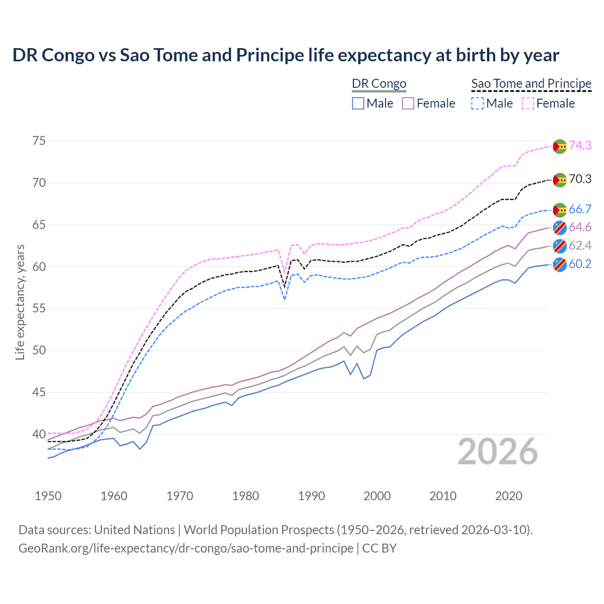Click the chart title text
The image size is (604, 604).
pyautogui.click(x=285, y=55)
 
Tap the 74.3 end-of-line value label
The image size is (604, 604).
pyautogui.click(x=580, y=145)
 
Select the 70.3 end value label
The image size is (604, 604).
pyautogui.click(x=580, y=179)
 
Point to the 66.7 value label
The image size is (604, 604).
pyautogui.click(x=580, y=209)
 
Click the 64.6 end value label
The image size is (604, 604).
pyautogui.click(x=580, y=227)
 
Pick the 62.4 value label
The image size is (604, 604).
pyautogui.click(x=580, y=245)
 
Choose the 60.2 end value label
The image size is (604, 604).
pyautogui.click(x=580, y=264)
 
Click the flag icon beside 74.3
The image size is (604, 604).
pyautogui.click(x=560, y=146)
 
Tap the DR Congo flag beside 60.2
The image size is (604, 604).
pyautogui.click(x=560, y=264)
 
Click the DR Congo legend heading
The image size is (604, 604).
pyautogui.click(x=379, y=84)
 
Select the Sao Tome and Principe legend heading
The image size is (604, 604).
pyautogui.click(x=531, y=84)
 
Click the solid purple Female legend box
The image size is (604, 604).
pyautogui.click(x=408, y=103)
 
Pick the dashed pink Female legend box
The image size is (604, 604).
pyautogui.click(x=528, y=103)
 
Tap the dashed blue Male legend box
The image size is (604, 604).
pyautogui.click(x=478, y=103)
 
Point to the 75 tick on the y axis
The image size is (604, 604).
pyautogui.click(x=39, y=141)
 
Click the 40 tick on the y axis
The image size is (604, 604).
pyautogui.click(x=39, y=434)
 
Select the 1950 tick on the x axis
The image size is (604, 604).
pyautogui.click(x=48, y=496)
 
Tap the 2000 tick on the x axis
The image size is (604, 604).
pyautogui.click(x=377, y=496)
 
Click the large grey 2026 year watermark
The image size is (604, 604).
pyautogui.click(x=497, y=452)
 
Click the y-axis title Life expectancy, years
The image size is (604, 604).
pyautogui.click(x=20, y=302)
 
